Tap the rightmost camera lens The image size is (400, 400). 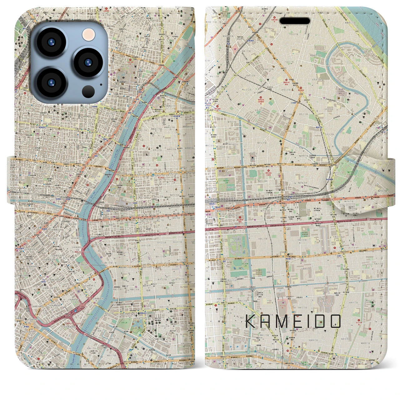coord(88,62)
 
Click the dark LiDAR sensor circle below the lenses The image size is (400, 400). coord(88,91)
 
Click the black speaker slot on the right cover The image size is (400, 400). coord(295,21)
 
